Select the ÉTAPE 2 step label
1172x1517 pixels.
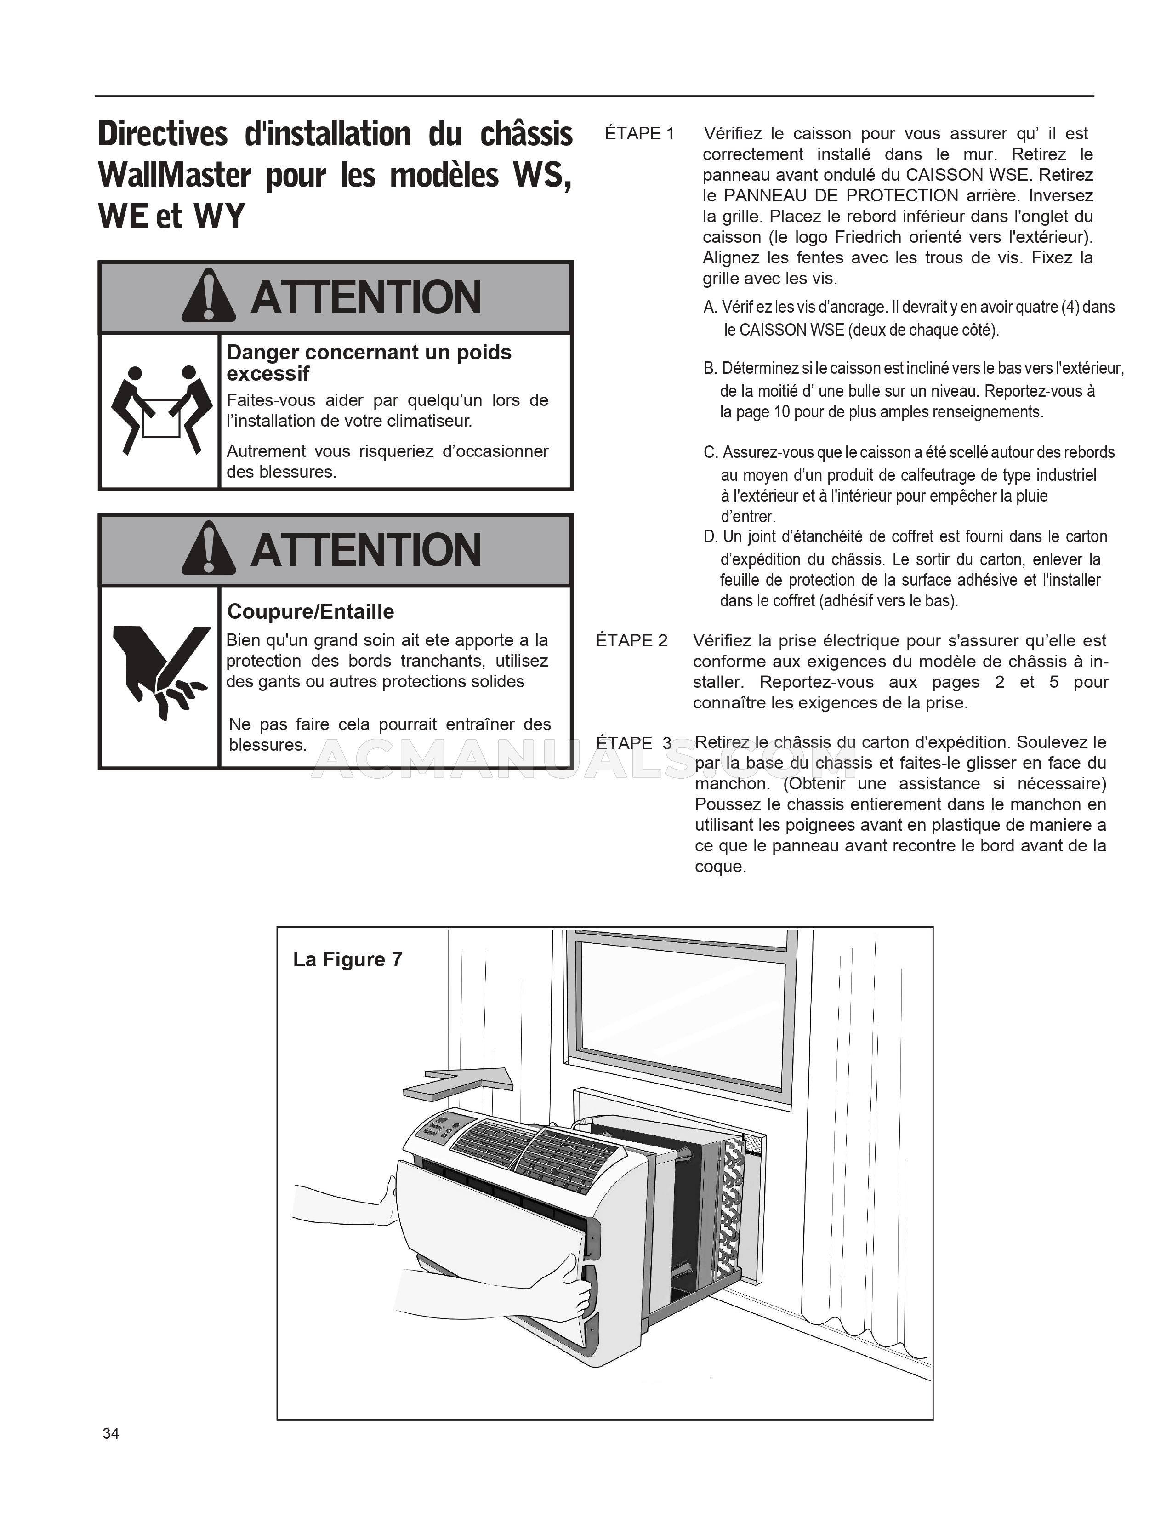631,640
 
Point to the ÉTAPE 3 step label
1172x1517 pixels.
633,743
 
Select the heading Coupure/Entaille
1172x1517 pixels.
310,611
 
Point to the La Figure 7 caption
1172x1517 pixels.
347,959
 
